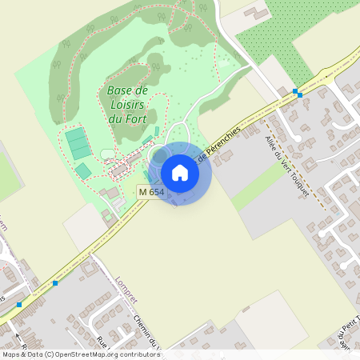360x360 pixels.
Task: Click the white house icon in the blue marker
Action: click(x=180, y=173)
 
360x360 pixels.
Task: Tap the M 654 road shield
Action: click(x=150, y=192)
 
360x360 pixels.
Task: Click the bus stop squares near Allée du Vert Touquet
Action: click(x=297, y=93)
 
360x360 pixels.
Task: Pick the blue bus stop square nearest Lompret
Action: click(x=54, y=283)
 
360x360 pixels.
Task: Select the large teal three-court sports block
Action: click(x=78, y=144)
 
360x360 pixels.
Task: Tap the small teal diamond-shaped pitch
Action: click(x=83, y=170)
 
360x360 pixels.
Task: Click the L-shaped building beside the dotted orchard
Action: click(x=258, y=14)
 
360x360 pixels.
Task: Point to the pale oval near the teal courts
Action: click(x=107, y=153)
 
